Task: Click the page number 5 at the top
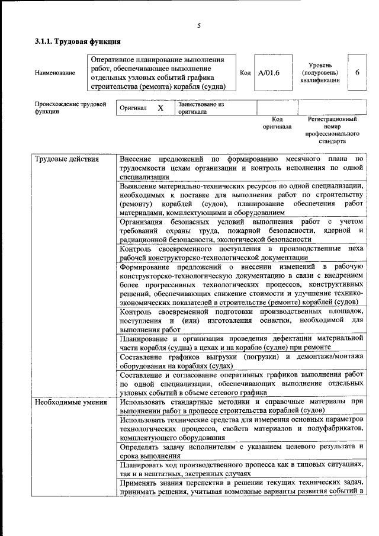click(199, 25)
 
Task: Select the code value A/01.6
click(268, 73)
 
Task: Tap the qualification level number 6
click(357, 72)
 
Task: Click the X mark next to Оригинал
click(160, 108)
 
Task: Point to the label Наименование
click(55, 73)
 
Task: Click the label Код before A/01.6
click(245, 72)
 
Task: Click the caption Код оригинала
click(277, 123)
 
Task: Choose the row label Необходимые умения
click(70, 403)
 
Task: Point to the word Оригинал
click(133, 108)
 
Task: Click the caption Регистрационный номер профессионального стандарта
click(332, 130)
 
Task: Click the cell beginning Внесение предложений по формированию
click(240, 168)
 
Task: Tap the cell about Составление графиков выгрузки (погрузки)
click(240, 361)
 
